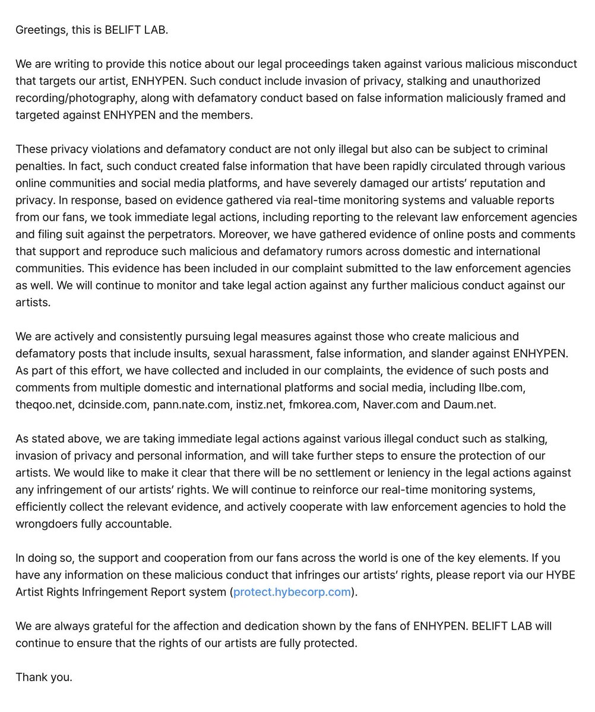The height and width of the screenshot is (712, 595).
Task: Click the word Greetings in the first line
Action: [x=40, y=30]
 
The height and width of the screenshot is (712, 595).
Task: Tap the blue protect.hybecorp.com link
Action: [x=292, y=592]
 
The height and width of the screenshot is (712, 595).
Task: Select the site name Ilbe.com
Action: [x=502, y=387]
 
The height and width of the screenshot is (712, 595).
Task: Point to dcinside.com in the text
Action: [x=113, y=405]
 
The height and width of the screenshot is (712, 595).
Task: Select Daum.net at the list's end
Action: [x=469, y=405]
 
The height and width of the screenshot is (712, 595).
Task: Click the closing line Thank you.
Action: [x=43, y=677]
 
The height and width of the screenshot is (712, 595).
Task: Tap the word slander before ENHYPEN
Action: [x=469, y=354]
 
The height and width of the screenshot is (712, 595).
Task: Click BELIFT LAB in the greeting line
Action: [x=135, y=30]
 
